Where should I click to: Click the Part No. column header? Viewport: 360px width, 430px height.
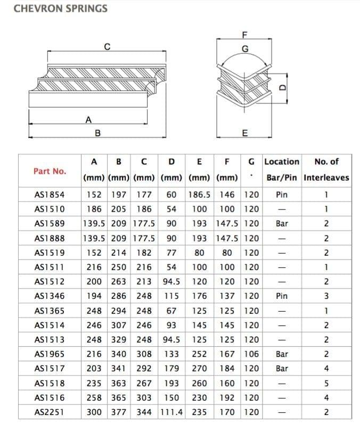(x=50, y=171)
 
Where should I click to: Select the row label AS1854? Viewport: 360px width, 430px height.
(x=50, y=195)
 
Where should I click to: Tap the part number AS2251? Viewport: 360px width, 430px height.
(x=50, y=411)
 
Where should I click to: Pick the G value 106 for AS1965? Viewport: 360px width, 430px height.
(x=251, y=353)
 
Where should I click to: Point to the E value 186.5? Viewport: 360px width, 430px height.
(x=199, y=195)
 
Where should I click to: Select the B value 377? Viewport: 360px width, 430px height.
(x=119, y=411)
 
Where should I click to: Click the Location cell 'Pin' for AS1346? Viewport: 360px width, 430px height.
(x=282, y=296)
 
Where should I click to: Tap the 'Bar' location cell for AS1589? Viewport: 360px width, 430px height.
(x=282, y=224)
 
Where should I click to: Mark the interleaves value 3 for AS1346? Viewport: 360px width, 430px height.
(x=326, y=296)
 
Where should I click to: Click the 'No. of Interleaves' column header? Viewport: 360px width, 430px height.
(x=326, y=169)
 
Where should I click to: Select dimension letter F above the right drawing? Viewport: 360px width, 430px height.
(x=244, y=36)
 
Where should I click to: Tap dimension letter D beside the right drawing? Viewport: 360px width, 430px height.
(x=283, y=88)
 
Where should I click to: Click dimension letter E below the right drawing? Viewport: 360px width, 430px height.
(x=244, y=133)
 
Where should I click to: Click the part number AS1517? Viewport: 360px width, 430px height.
(x=50, y=368)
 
